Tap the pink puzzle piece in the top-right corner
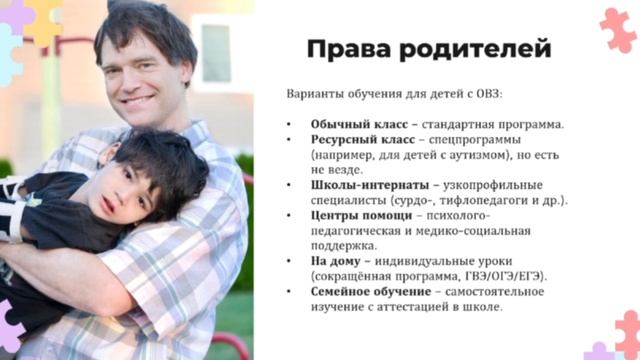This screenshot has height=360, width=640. (617, 28)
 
